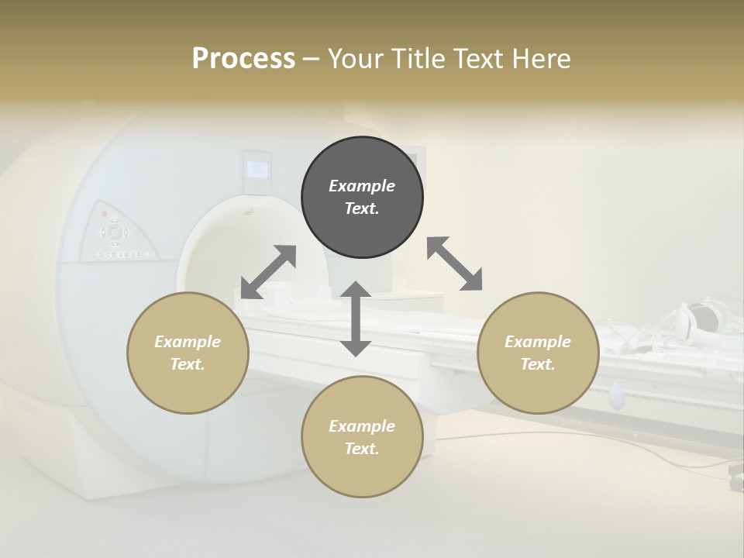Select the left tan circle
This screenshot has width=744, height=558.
pyautogui.click(x=188, y=353)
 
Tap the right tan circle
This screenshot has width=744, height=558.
pyautogui.click(x=538, y=353)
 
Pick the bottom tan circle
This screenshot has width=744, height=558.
pyautogui.click(x=362, y=437)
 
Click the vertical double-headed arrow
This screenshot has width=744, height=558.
pyautogui.click(x=356, y=319)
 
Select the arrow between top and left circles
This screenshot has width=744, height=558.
pyautogui.click(x=268, y=272)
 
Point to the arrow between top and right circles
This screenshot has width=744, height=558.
pyautogui.click(x=454, y=263)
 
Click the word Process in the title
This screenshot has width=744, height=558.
pyautogui.click(x=243, y=58)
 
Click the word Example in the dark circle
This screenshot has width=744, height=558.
pyautogui.click(x=362, y=186)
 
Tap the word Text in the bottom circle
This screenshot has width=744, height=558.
pyautogui.click(x=362, y=449)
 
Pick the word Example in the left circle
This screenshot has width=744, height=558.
pyautogui.click(x=188, y=342)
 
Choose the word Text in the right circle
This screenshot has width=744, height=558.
pyautogui.click(x=538, y=364)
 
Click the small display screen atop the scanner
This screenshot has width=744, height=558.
pyautogui.click(x=257, y=168)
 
